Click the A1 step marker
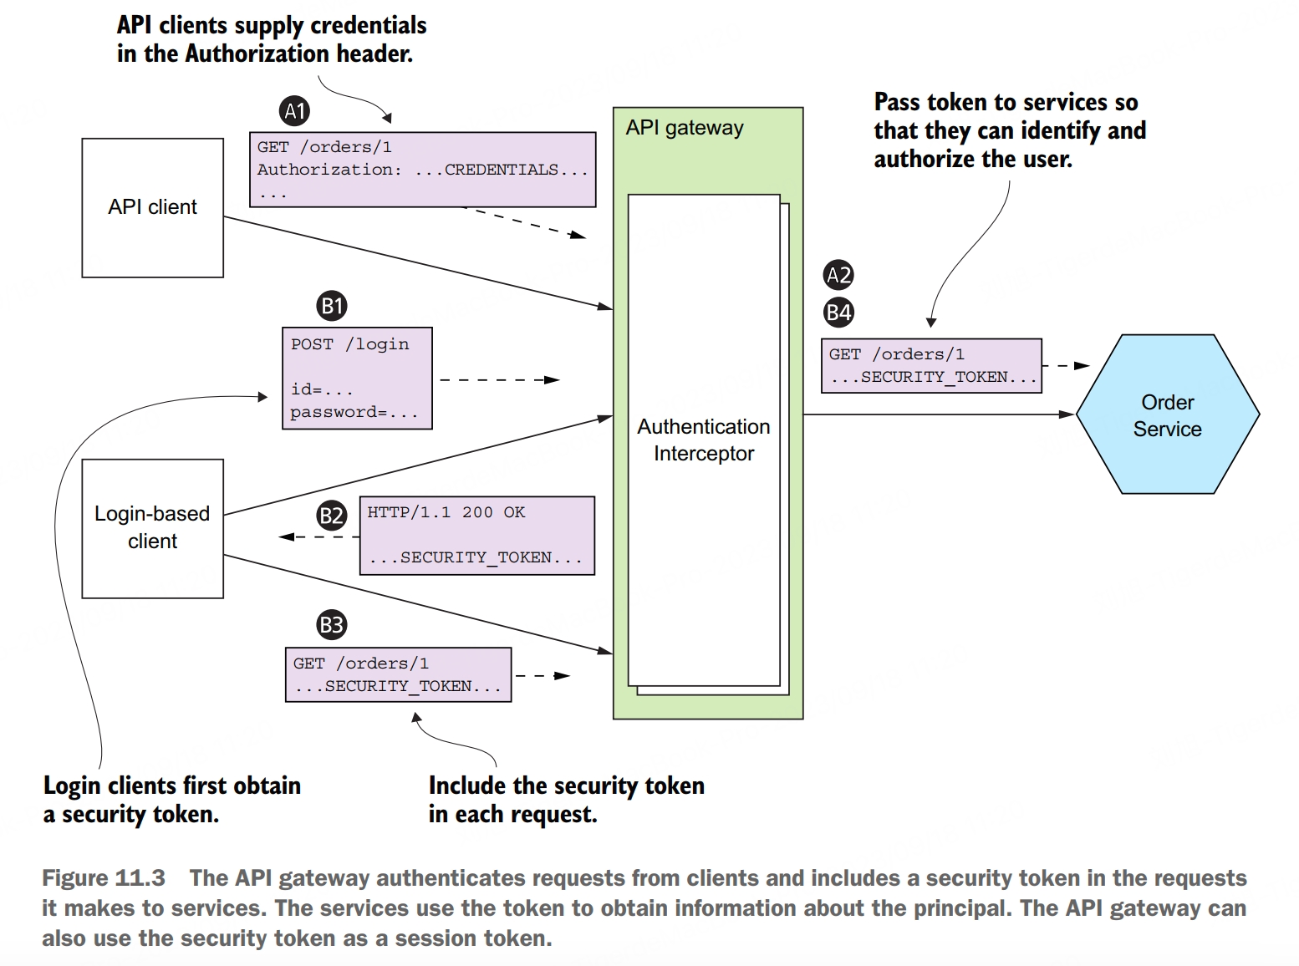(294, 110)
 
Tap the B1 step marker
(332, 306)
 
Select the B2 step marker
(332, 515)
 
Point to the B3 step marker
(332, 624)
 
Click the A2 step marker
(838, 275)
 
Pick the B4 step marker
(838, 313)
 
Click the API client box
(152, 207)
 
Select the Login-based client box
(152, 528)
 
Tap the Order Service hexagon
(1167, 414)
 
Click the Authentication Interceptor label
(703, 440)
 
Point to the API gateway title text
(684, 128)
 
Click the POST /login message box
(357, 378)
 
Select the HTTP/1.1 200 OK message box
(476, 536)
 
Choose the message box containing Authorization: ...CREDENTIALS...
(422, 170)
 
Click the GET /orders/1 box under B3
(398, 674)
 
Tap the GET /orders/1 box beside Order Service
(931, 365)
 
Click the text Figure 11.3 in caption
(104, 878)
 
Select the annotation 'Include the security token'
(566, 786)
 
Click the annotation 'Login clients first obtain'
(171, 786)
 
